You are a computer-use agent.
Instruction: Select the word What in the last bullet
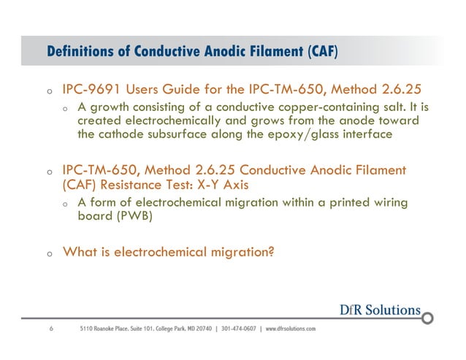[x=79, y=253]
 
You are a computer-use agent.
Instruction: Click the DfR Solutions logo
[x=379, y=309]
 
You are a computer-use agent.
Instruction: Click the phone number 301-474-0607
[x=238, y=329]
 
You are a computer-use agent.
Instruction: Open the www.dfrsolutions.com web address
[x=291, y=329]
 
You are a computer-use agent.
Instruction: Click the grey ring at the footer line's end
[x=429, y=317]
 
